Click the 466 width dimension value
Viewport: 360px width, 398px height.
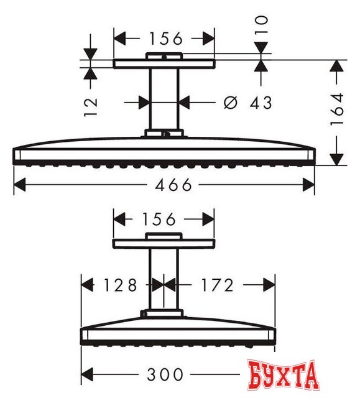pyautogui.click(x=165, y=185)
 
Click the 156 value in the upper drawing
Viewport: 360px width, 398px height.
pyautogui.click(x=165, y=39)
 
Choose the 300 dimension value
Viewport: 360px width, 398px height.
pyautogui.click(x=165, y=374)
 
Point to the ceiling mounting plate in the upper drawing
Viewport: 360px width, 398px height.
pyautogui.click(x=164, y=63)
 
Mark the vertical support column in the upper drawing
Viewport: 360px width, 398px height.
pyautogui.click(x=165, y=99)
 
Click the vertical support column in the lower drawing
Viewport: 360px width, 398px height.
pyautogui.click(x=164, y=280)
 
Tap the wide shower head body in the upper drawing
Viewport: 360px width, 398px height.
pyautogui.click(x=164, y=152)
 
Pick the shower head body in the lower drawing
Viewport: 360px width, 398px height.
pyautogui.click(x=178, y=331)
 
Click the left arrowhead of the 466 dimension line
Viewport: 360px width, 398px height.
pyautogui.click(x=19, y=185)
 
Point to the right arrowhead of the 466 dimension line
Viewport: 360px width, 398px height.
pyautogui.click(x=309, y=185)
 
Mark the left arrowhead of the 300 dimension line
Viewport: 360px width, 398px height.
pyautogui.click(x=87, y=374)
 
